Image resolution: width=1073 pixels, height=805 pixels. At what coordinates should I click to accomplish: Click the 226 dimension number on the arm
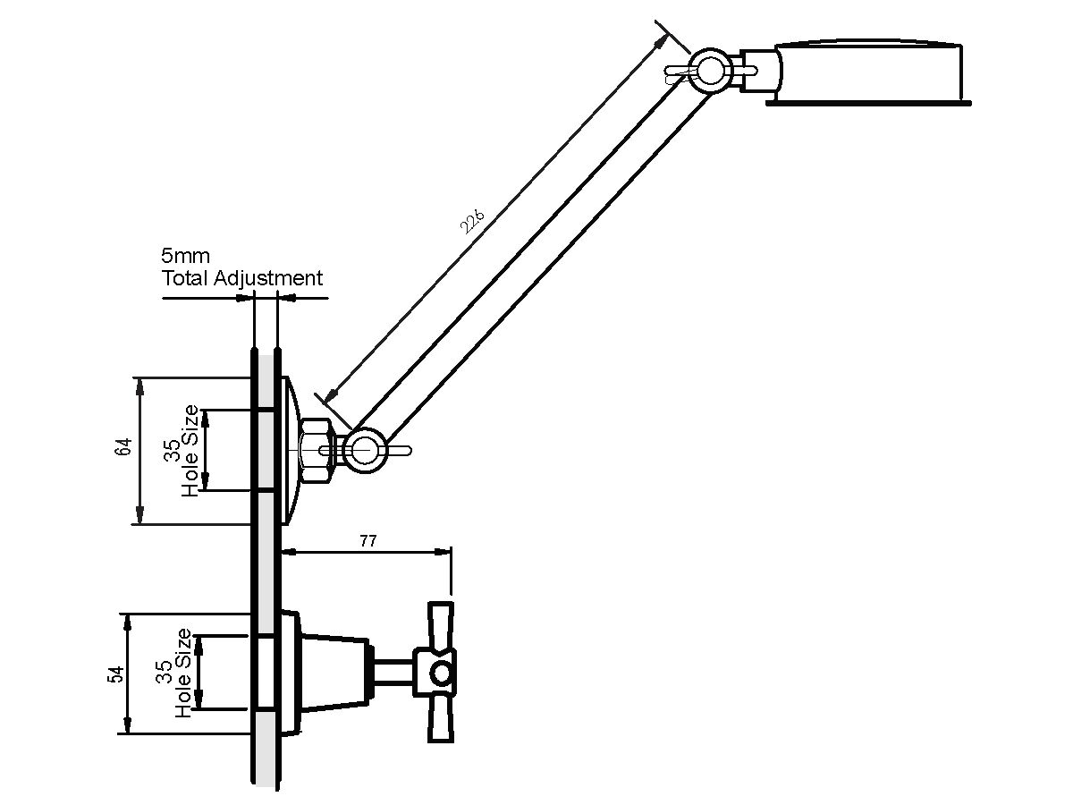pyautogui.click(x=472, y=221)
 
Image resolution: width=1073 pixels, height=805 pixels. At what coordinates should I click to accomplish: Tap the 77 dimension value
pyautogui.click(x=368, y=541)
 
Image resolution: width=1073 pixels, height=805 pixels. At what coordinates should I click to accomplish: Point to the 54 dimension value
pyautogui.click(x=116, y=674)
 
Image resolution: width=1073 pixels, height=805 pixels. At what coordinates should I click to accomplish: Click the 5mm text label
pyautogui.click(x=186, y=256)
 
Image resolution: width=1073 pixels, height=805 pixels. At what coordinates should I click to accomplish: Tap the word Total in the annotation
pyautogui.click(x=185, y=278)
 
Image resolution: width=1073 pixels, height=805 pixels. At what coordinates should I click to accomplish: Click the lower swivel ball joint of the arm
pyautogui.click(x=364, y=450)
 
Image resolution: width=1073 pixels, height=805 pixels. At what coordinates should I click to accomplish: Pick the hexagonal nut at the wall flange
pyautogui.click(x=317, y=450)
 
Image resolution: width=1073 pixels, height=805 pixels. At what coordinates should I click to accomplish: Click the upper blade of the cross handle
pyautogui.click(x=441, y=625)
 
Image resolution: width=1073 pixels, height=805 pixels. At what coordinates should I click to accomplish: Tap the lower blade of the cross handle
pyautogui.click(x=441, y=719)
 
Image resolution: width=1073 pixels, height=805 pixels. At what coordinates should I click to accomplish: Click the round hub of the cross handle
pyautogui.click(x=442, y=674)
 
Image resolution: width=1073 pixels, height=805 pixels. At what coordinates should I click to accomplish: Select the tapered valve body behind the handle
pyautogui.click(x=334, y=673)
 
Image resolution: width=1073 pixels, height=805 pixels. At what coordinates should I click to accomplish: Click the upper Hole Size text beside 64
pyautogui.click(x=190, y=451)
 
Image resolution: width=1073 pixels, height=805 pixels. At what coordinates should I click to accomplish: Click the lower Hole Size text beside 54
pyautogui.click(x=183, y=673)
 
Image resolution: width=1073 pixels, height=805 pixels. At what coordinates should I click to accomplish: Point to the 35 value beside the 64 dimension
pyautogui.click(x=172, y=451)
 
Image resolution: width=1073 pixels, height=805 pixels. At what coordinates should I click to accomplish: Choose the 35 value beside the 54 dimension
pyautogui.click(x=165, y=672)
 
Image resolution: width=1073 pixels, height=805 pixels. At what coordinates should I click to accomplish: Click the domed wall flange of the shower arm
pyautogui.click(x=291, y=450)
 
